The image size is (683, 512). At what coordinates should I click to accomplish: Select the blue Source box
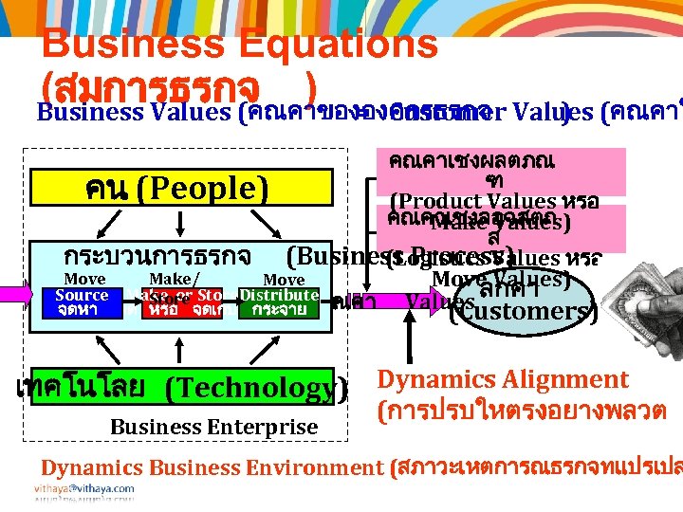tap(82, 302)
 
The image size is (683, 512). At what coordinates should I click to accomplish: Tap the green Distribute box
tap(279, 302)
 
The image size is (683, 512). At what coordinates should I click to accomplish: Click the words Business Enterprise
tap(213, 427)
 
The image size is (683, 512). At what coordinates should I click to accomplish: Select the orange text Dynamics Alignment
tap(503, 380)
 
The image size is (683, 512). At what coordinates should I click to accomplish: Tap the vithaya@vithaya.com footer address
tap(87, 488)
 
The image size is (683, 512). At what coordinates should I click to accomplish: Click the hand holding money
tap(645, 284)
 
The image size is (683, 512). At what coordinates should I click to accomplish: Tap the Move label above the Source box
tap(84, 279)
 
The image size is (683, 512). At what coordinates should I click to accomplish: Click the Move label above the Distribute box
tap(284, 280)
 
